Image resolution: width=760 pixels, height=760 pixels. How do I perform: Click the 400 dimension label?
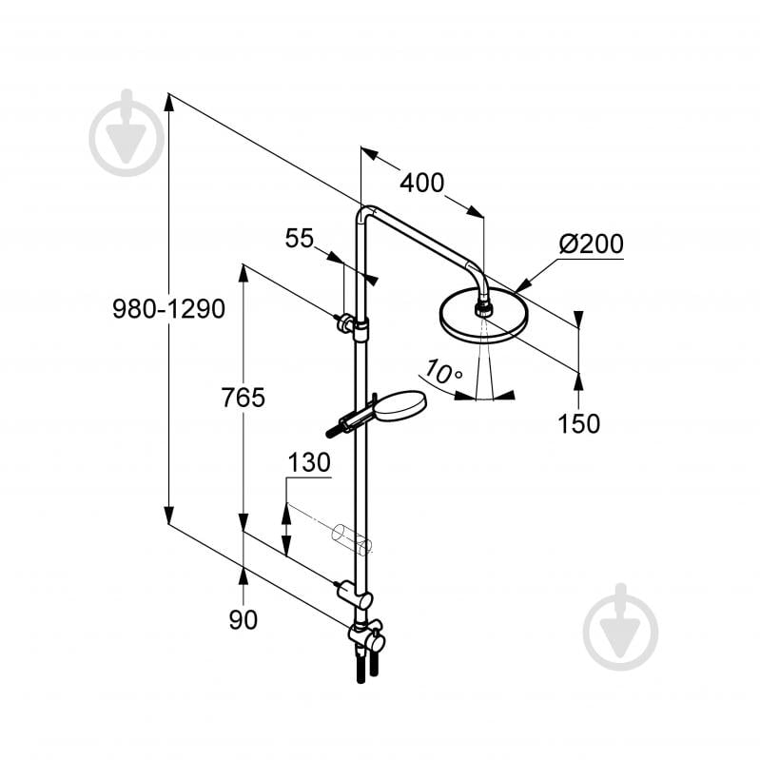[x=421, y=183]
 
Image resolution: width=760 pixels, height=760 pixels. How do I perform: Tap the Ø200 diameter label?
[x=591, y=244]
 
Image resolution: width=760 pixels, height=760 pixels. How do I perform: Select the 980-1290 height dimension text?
[x=168, y=309]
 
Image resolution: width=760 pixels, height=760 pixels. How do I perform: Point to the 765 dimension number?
[x=243, y=399]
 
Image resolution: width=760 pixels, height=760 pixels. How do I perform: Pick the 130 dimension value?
[x=309, y=463]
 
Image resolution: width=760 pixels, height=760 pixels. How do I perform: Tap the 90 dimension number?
[x=243, y=619]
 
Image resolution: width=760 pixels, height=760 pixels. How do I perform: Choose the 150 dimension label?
[x=579, y=423]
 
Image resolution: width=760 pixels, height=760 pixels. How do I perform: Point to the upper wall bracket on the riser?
[x=351, y=326]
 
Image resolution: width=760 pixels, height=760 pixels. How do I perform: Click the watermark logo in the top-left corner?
[x=127, y=134]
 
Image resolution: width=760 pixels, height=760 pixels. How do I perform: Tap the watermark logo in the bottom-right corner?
[x=620, y=628]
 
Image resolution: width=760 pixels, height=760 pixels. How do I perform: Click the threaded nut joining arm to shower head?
[x=484, y=306]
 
